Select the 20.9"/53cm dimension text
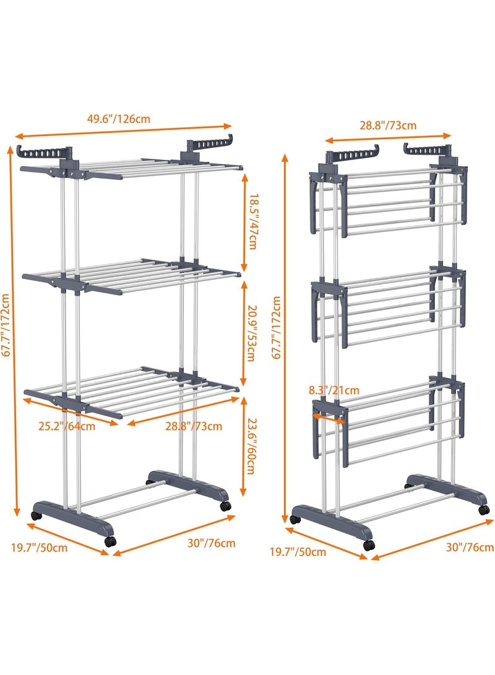click(x=252, y=334)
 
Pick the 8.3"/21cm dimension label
click(x=334, y=390)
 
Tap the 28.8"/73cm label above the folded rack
click(x=389, y=125)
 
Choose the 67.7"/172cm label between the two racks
click(x=276, y=328)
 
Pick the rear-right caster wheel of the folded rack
click(x=482, y=509)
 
